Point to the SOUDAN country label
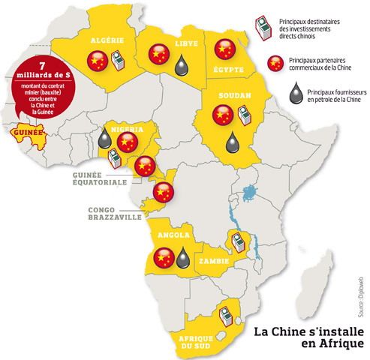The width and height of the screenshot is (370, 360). click(229, 97)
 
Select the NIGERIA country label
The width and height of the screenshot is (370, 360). click(126, 128)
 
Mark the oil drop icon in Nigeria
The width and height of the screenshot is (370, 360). click(105, 139)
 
